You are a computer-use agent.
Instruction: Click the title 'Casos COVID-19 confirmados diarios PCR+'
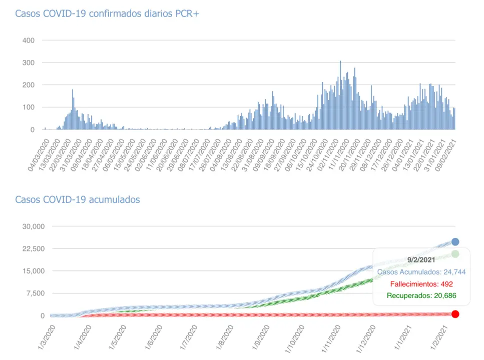tap(107, 13)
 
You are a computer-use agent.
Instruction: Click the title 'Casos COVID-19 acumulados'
tap(78, 199)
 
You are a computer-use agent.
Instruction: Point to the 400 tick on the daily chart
tap(28, 40)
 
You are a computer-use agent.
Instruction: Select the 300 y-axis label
tap(28, 62)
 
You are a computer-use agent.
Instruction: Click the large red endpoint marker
tap(455, 314)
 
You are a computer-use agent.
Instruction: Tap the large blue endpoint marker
tap(455, 242)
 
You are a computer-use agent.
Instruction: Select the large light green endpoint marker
tap(455, 254)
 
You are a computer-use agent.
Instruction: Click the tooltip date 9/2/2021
tap(421, 260)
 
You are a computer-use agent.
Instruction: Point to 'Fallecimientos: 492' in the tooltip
tap(421, 284)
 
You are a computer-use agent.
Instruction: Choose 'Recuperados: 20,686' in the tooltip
tap(421, 295)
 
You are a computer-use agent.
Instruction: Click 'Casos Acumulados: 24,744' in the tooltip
tap(421, 272)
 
